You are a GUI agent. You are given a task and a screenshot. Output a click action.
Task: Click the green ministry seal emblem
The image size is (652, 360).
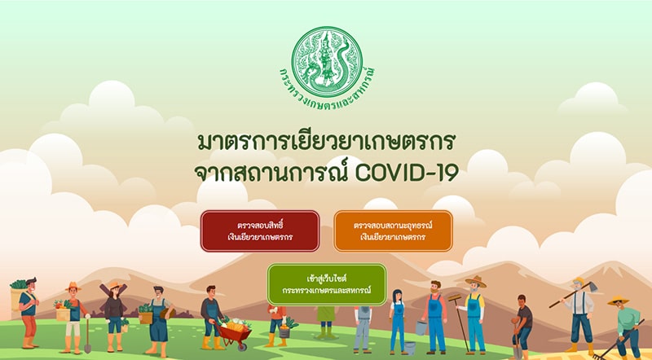click(327, 63)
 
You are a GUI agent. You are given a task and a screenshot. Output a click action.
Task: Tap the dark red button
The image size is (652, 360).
click(260, 231)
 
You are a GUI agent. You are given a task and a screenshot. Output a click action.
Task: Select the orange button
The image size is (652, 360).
click(393, 231)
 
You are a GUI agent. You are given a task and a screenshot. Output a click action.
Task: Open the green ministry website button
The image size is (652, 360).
click(327, 284)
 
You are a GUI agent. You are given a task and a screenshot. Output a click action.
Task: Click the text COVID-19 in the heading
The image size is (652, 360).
click(407, 172)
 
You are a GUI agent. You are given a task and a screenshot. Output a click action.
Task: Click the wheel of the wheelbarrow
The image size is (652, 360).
click(242, 345)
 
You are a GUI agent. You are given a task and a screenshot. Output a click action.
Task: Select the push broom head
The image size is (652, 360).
click(455, 297)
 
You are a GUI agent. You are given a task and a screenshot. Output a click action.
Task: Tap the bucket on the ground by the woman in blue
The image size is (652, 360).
click(410, 348)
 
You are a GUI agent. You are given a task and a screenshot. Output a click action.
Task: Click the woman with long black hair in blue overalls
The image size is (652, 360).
click(398, 322)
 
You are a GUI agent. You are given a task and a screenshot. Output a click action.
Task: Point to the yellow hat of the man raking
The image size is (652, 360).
click(618, 301)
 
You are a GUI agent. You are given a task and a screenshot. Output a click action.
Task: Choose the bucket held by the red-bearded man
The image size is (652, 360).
click(421, 328)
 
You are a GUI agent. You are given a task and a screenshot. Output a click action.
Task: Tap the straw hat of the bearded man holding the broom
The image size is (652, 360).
click(476, 282)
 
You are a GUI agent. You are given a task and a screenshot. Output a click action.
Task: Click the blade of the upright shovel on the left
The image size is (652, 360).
click(88, 347)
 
